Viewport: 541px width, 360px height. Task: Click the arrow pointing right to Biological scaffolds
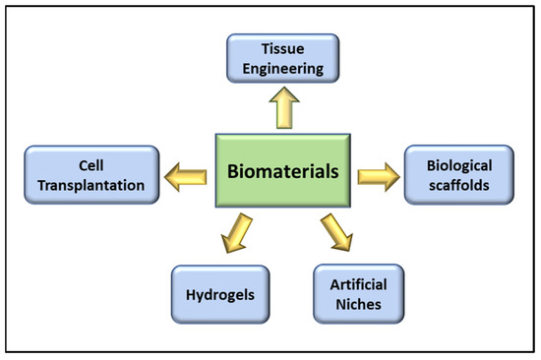(x=378, y=176)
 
